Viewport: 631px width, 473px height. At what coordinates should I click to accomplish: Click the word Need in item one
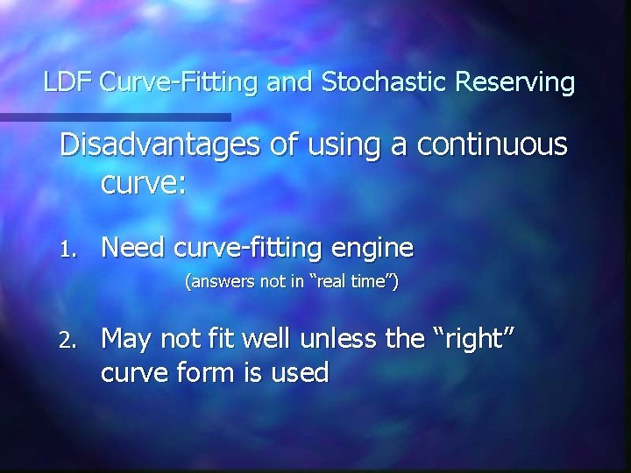tap(133, 248)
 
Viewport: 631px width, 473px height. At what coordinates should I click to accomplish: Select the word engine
tap(369, 249)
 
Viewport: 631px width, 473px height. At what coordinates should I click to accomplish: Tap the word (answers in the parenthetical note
tap(216, 283)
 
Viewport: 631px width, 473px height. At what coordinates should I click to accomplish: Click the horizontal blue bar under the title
tap(115, 116)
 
